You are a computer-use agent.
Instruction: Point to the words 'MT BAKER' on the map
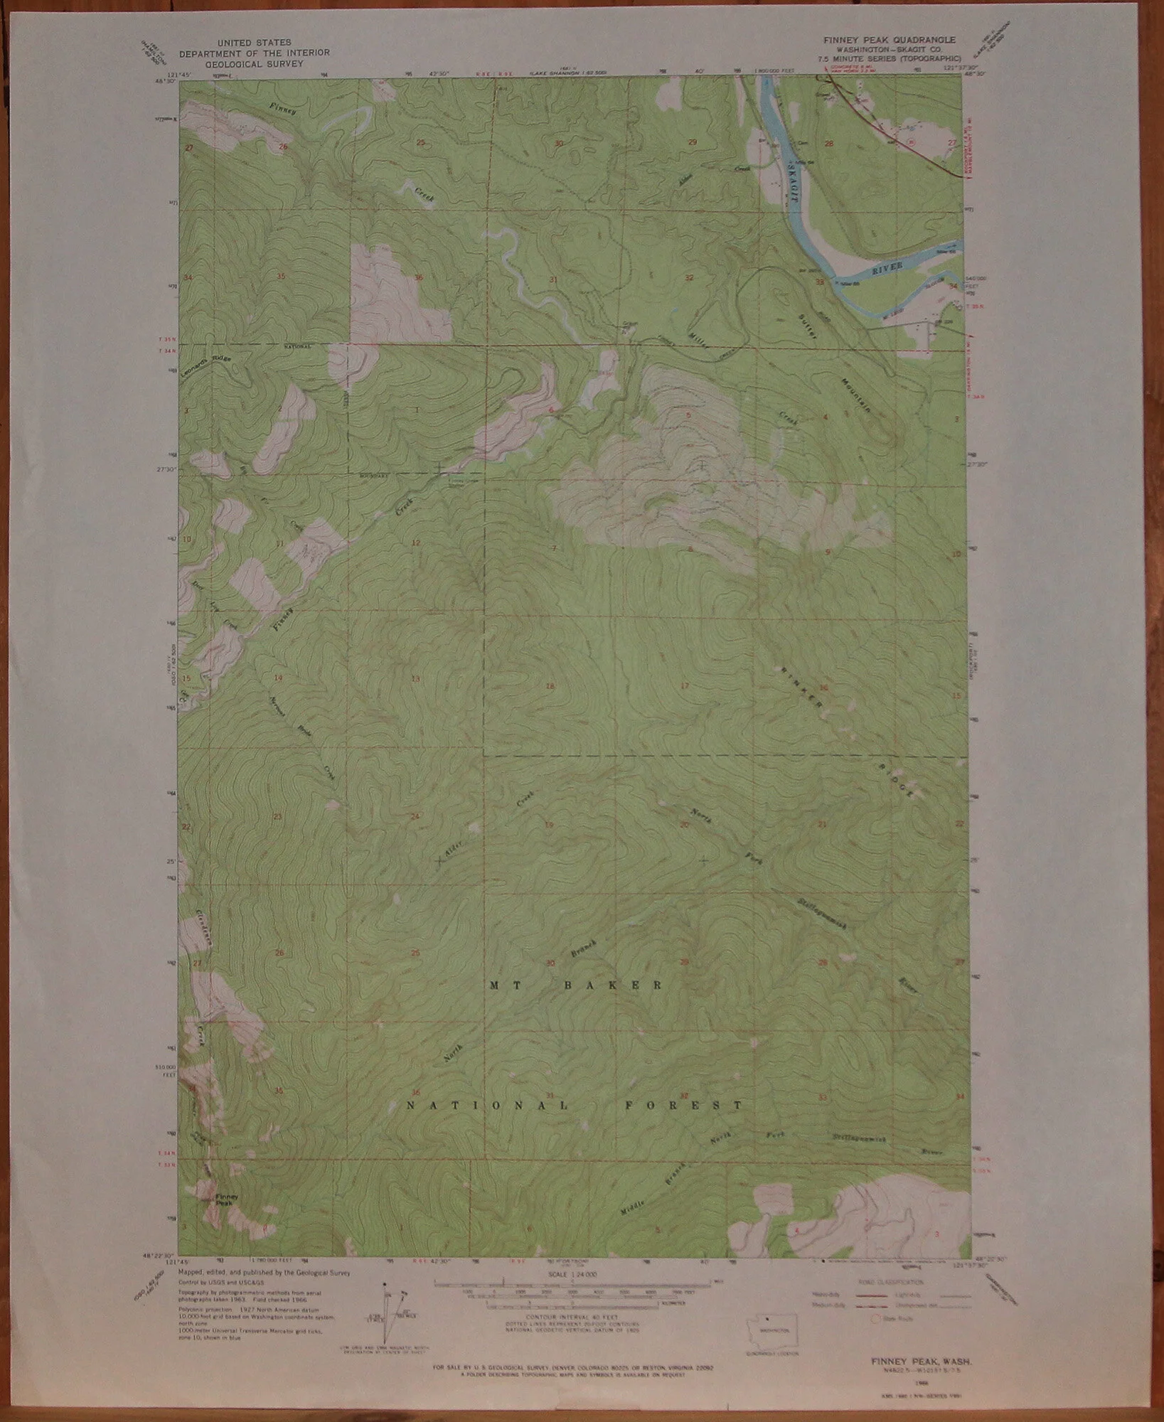coord(577,985)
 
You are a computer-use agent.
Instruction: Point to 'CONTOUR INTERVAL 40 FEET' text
coord(572,1317)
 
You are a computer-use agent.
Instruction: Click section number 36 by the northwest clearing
coord(420,277)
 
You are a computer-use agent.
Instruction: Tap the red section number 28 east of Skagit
coord(828,144)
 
